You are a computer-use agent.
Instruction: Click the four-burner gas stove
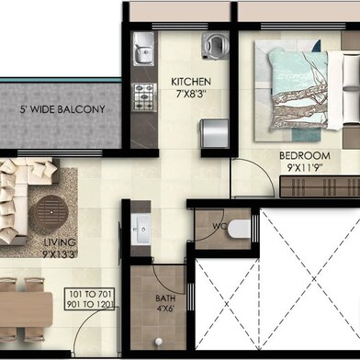(x=144, y=95)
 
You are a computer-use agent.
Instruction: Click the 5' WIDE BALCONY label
(x=62, y=110)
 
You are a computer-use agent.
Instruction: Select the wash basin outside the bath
(x=143, y=229)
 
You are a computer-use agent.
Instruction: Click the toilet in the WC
(x=236, y=226)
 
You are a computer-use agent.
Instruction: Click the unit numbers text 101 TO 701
(x=89, y=295)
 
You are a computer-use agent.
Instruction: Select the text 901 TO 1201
(x=89, y=306)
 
